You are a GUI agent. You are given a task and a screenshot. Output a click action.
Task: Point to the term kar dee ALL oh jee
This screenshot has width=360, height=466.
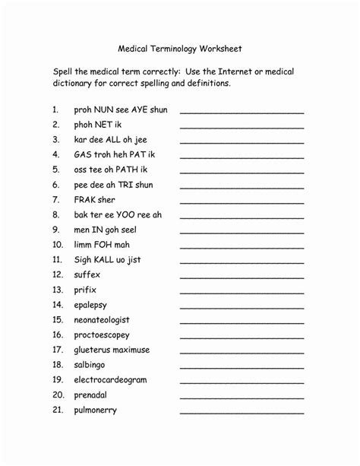click(x=112, y=140)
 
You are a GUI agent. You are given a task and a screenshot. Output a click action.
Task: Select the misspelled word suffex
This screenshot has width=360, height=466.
click(x=87, y=274)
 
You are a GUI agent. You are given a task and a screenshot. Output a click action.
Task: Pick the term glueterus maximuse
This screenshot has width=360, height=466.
click(x=112, y=350)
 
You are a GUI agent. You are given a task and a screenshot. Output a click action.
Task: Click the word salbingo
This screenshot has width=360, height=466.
click(x=92, y=365)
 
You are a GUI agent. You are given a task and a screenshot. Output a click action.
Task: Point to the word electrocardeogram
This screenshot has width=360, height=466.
click(x=110, y=380)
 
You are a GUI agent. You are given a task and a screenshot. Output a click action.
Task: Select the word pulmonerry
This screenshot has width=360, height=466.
click(x=96, y=411)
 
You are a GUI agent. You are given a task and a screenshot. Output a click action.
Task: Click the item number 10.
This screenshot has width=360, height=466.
click(x=57, y=245)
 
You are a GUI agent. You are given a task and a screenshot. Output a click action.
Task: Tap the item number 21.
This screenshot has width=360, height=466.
click(x=57, y=411)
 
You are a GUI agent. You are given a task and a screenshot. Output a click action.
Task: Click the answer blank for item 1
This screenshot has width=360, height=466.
click(x=242, y=113)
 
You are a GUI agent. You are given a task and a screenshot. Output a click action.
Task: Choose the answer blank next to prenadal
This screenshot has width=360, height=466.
click(x=242, y=398)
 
